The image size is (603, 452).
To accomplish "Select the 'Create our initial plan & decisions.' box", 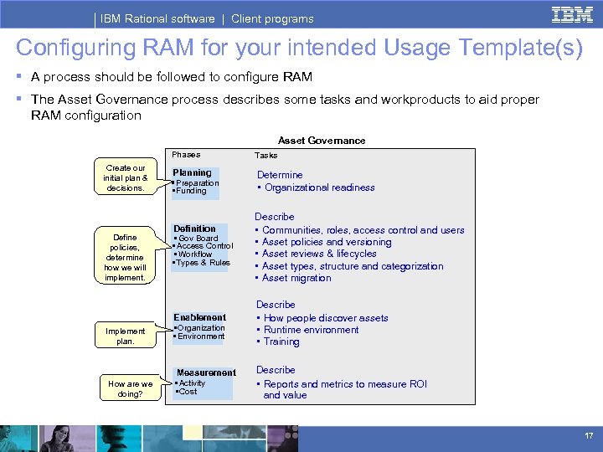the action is (x=125, y=178).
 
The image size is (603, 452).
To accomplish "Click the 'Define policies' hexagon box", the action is (x=125, y=257).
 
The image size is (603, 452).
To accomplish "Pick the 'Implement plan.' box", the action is (x=125, y=336).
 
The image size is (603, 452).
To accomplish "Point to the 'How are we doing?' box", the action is (x=131, y=388).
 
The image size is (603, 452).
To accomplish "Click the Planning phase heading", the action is (x=192, y=172).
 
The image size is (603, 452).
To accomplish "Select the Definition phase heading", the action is (x=194, y=229).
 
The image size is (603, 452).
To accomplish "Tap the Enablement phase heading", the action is (x=199, y=317).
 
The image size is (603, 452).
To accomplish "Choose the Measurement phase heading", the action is (x=206, y=372).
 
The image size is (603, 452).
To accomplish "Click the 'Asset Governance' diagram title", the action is (x=322, y=141).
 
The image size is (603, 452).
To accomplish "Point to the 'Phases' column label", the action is (x=186, y=154).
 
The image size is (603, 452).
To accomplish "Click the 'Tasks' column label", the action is (x=265, y=155).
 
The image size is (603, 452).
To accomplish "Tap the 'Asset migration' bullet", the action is (x=296, y=278).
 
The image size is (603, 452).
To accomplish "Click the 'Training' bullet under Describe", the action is (x=281, y=342).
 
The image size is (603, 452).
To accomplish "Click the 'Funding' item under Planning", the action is (x=191, y=191).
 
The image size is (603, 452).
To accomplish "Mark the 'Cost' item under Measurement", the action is (x=188, y=392).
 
